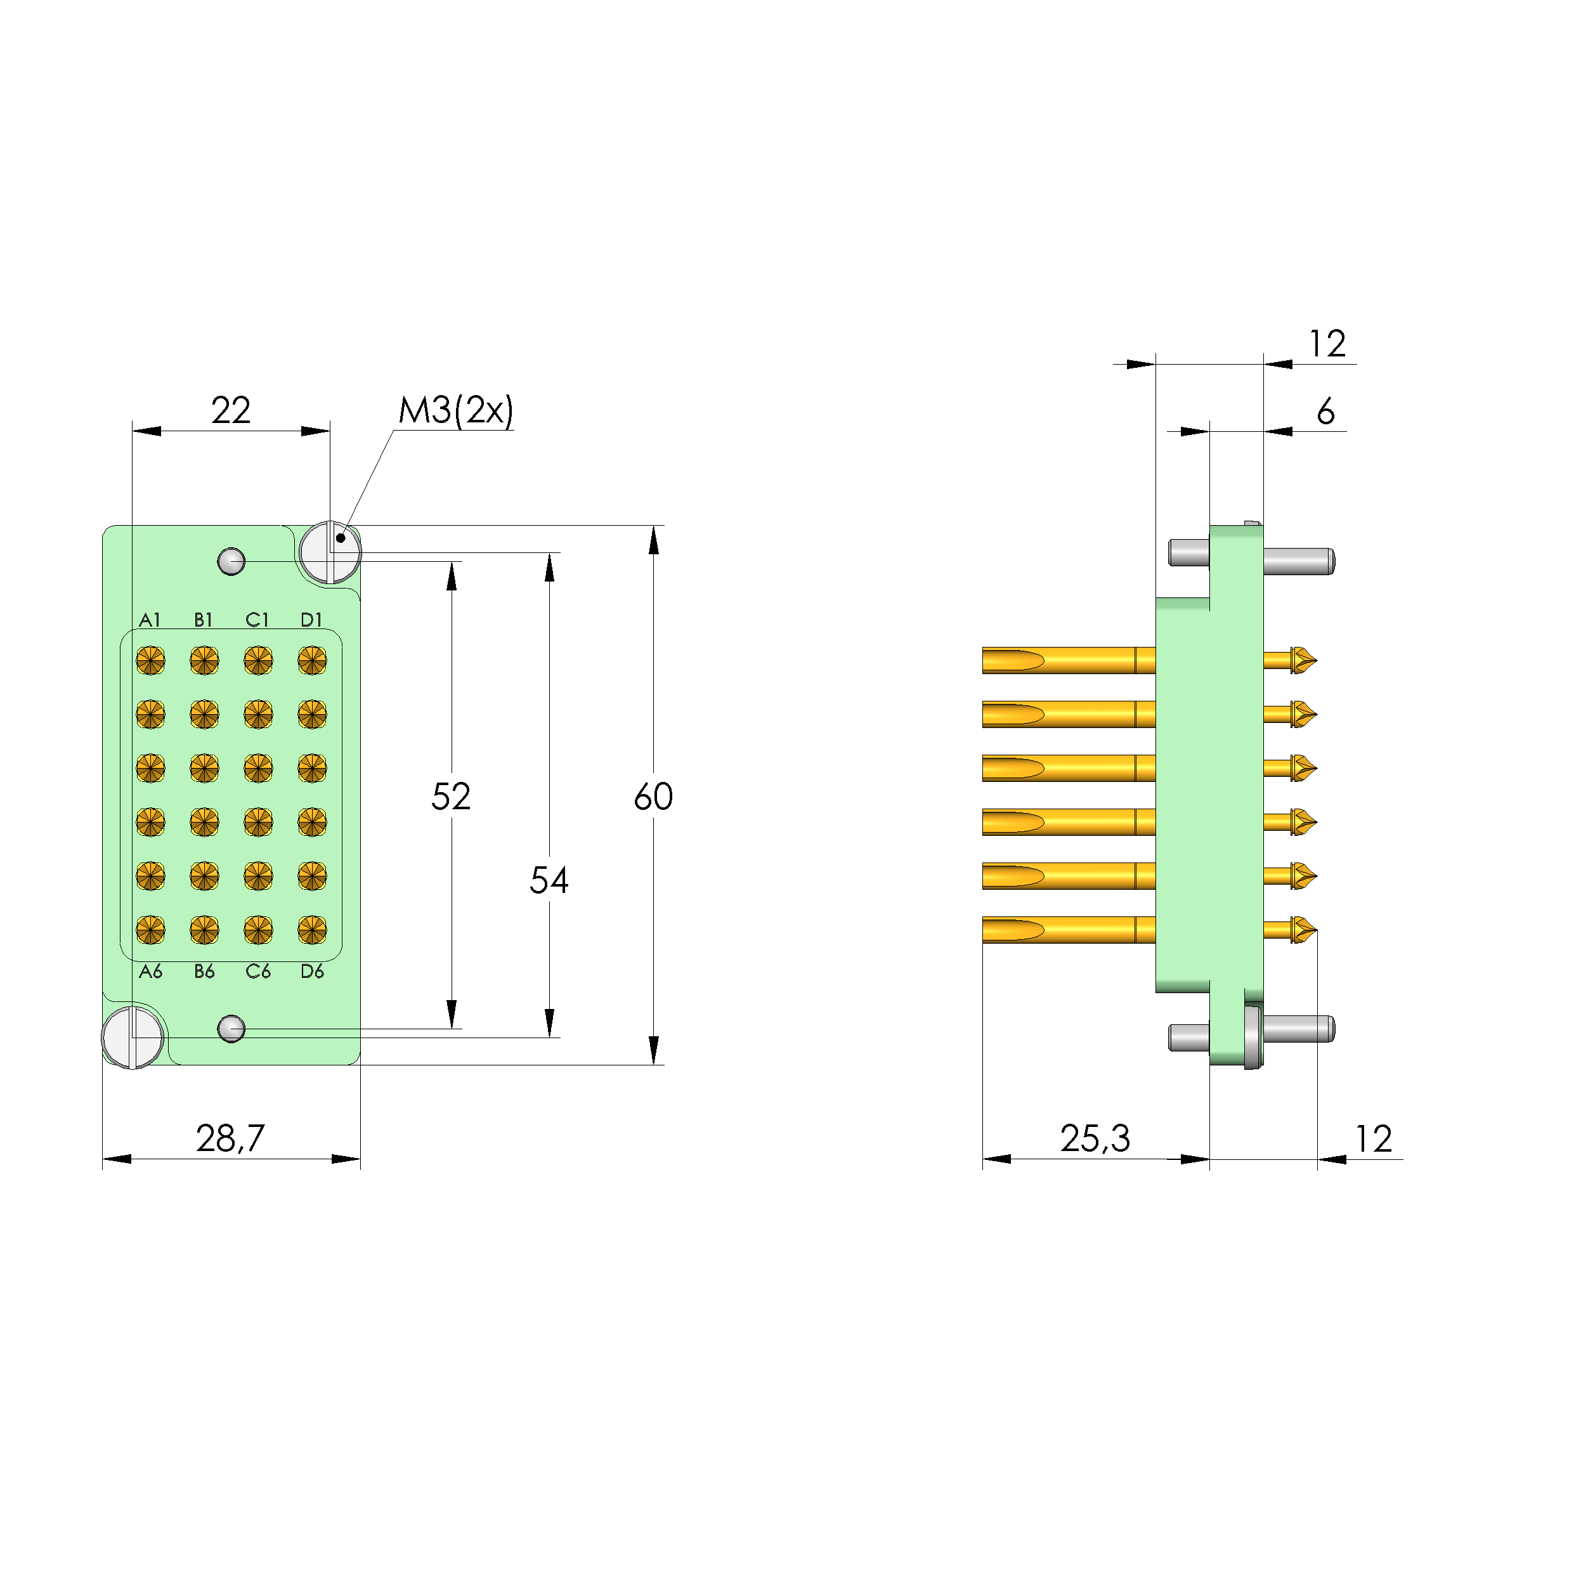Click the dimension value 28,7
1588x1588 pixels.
click(x=230, y=1138)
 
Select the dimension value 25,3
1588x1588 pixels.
click(x=1095, y=1138)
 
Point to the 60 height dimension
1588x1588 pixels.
click(x=653, y=796)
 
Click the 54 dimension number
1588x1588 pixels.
click(x=548, y=880)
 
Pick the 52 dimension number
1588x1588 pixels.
click(x=450, y=796)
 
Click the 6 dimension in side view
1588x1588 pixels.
click(x=1325, y=411)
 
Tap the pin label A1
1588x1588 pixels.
click(x=150, y=620)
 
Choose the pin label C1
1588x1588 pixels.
click(x=257, y=620)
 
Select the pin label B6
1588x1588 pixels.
click(x=204, y=972)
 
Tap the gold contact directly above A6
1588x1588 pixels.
click(x=150, y=930)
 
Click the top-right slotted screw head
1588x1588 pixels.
click(x=330, y=552)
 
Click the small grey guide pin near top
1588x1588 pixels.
click(x=231, y=561)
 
